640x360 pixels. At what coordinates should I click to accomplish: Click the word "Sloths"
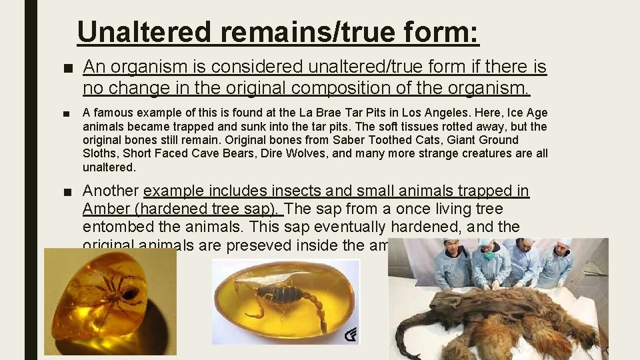coord(98,153)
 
